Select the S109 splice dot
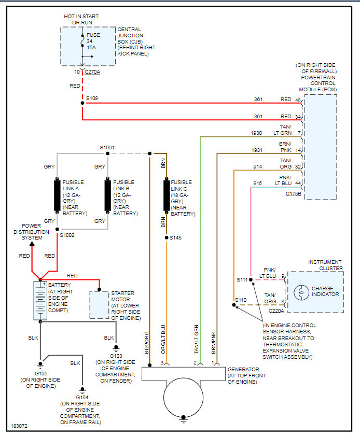pyautogui.click(x=82, y=103)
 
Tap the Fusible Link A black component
pyautogui.click(x=57, y=195)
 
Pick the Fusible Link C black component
pyautogui.click(x=167, y=195)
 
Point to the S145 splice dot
pyautogui.click(x=166, y=237)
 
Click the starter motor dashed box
pyautogui.click(x=99, y=305)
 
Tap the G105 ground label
pyautogui.click(x=40, y=373)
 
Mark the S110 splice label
pyautogui.click(x=241, y=300)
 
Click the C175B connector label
pyautogui.click(x=294, y=194)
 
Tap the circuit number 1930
pyautogui.click(x=257, y=133)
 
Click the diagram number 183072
pyautogui.click(x=19, y=426)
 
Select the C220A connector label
pyautogui.click(x=276, y=311)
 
